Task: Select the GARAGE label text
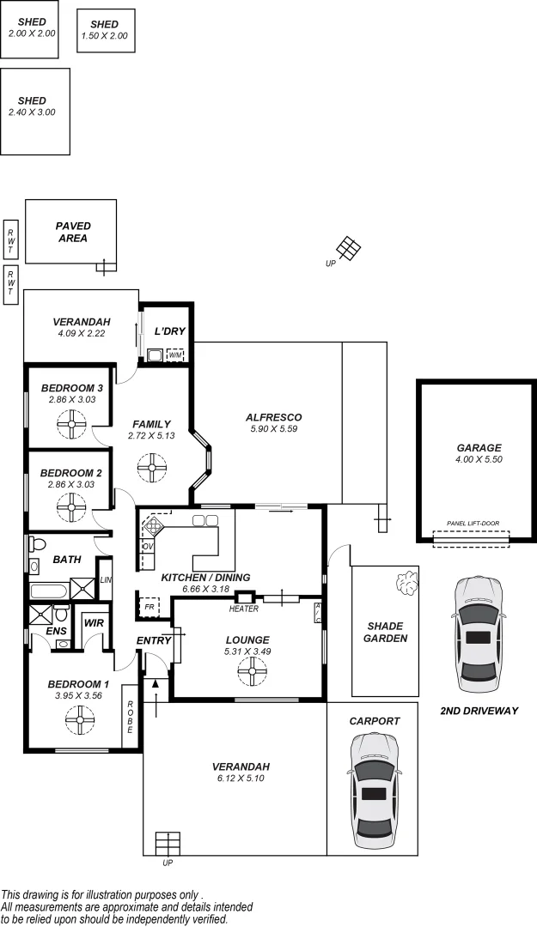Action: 479,447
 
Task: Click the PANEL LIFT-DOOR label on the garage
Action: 473,523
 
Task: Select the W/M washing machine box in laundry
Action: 174,354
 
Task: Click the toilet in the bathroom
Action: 35,543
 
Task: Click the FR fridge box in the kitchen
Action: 150,607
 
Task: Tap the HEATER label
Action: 245,609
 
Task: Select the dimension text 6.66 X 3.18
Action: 205,589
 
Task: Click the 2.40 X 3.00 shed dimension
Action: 32,112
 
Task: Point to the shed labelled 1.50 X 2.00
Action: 106,31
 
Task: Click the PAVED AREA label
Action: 73,232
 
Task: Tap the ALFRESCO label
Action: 273,417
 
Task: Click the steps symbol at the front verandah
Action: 168,842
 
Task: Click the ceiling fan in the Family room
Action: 151,469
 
